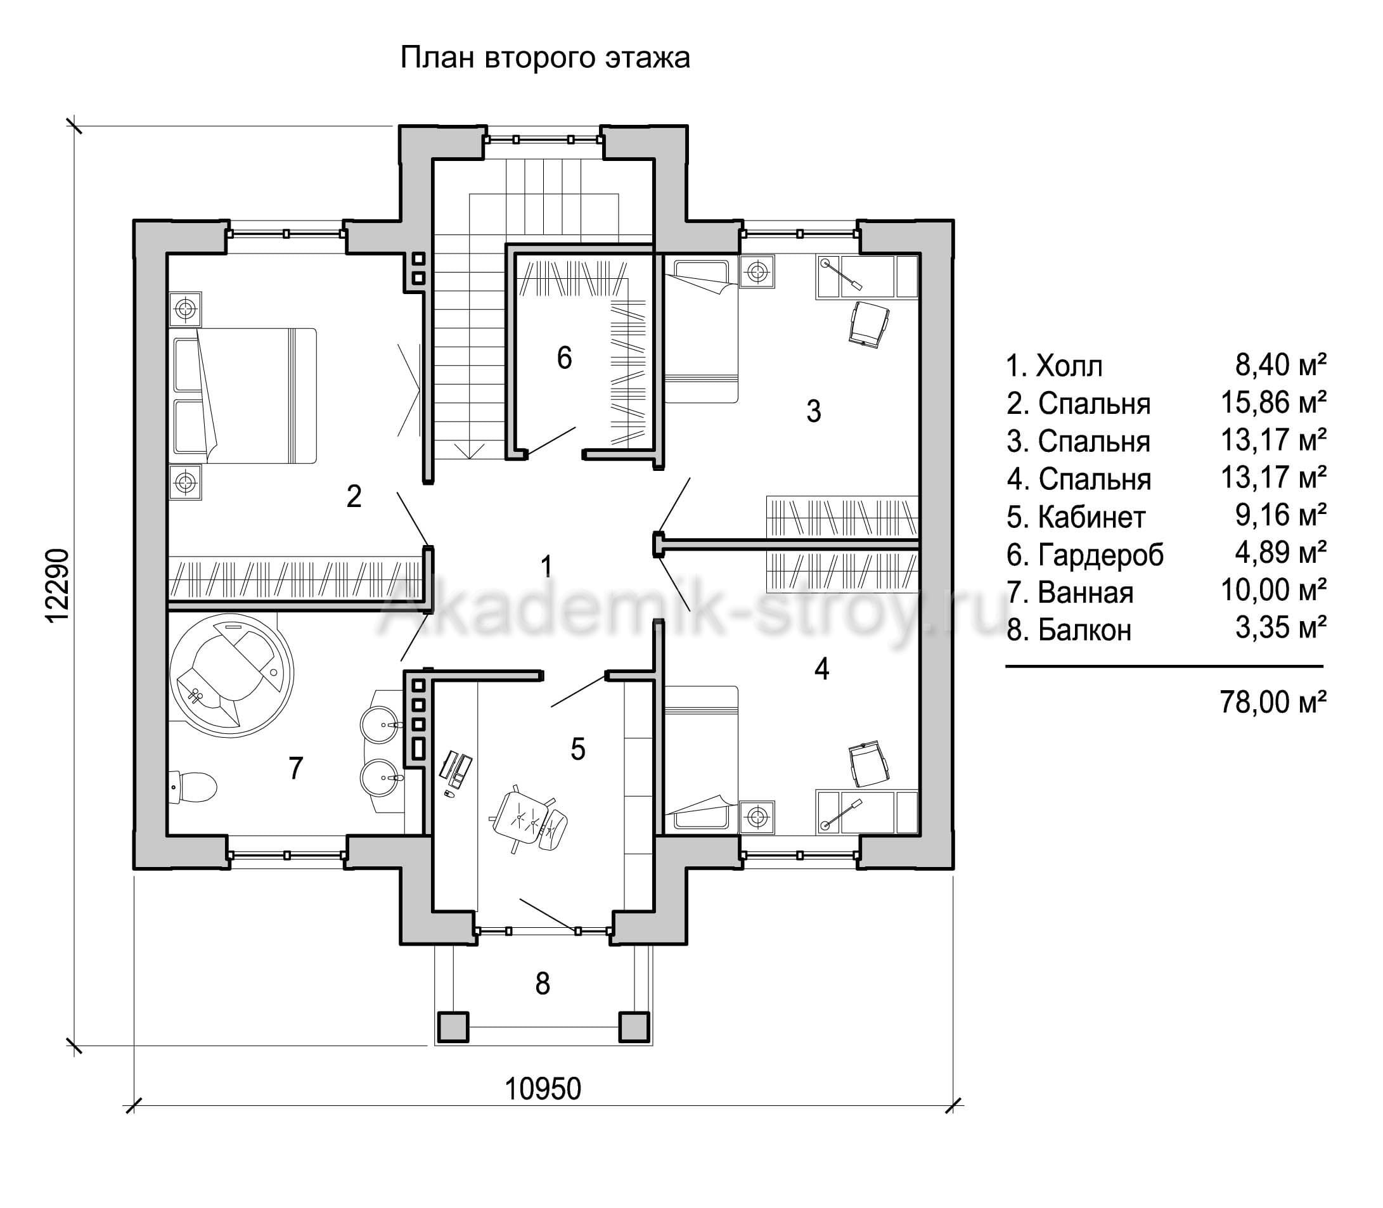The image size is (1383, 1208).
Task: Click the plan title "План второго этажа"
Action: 545,59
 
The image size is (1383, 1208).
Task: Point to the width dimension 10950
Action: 543,1089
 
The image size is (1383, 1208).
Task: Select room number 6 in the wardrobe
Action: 564,358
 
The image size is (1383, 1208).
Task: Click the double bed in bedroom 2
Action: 243,395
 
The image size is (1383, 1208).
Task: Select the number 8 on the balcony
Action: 543,984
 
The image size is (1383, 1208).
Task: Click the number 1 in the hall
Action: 546,566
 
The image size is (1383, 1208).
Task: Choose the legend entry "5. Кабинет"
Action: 1076,517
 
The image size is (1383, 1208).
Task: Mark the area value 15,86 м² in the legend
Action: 1274,403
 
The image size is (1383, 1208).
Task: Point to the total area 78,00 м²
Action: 1273,702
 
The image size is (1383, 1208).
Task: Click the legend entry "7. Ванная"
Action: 1071,593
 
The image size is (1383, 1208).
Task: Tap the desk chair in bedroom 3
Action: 870,324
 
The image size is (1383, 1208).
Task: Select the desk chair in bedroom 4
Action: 870,763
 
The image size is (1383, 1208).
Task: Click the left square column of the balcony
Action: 453,1027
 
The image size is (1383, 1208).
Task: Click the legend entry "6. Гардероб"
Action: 1085,555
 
